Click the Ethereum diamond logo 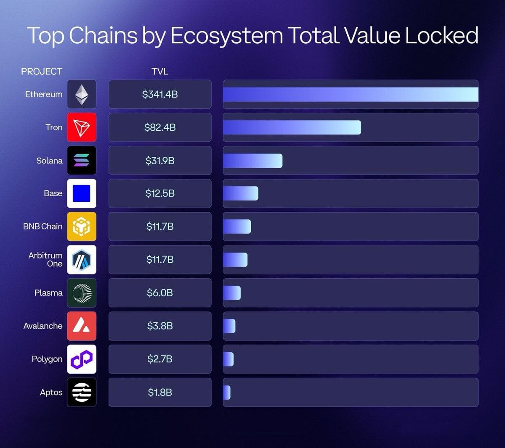[82, 94]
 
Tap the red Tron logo [82, 127]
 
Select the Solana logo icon [82, 160]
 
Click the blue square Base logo [82, 193]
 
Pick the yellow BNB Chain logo [82, 227]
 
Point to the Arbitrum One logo [82, 260]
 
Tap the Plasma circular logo [82, 293]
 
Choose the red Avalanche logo [82, 326]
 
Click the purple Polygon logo [82, 359]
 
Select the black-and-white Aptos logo [82, 392]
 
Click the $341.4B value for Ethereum [160, 94]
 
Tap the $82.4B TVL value [160, 127]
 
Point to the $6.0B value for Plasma [160, 293]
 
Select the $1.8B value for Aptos [160, 392]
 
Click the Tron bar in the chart [292, 127]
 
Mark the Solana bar [252, 161]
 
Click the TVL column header [160, 71]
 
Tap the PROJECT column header [42, 71]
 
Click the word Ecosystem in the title [226, 36]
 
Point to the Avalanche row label [43, 326]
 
